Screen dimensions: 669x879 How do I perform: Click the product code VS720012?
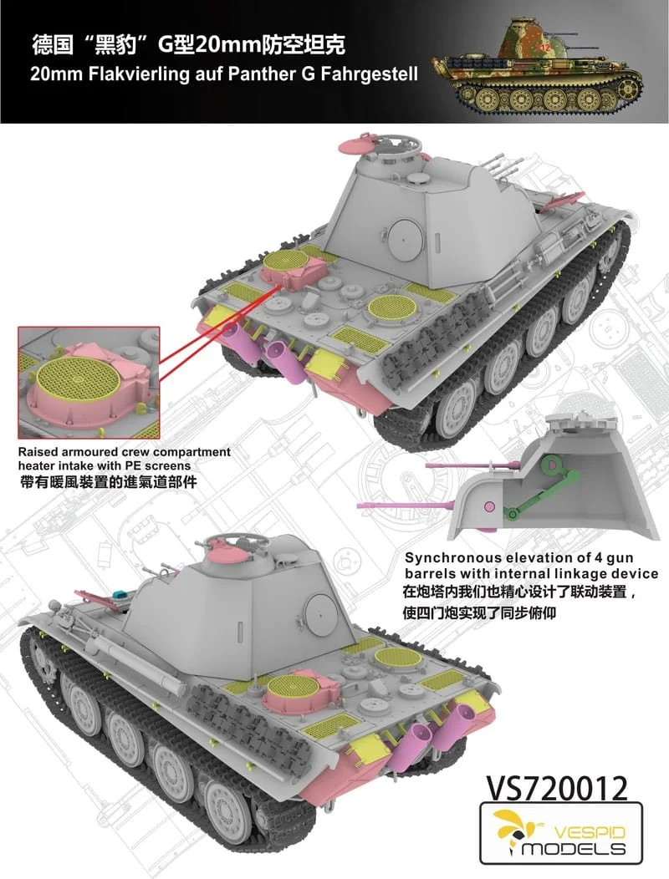[x=557, y=788]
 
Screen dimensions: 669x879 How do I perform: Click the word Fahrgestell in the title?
[x=370, y=74]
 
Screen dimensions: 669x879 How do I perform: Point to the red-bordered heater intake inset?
[x=89, y=383]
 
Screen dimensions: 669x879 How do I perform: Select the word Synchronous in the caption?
[x=453, y=558]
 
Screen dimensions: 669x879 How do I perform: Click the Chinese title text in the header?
[x=189, y=45]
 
